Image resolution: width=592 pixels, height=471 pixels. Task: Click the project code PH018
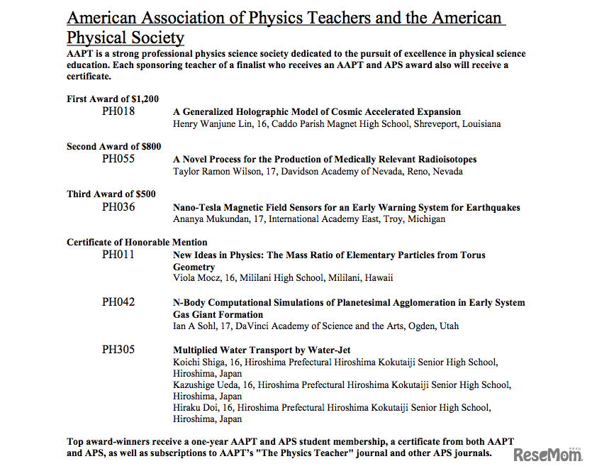pyautogui.click(x=118, y=111)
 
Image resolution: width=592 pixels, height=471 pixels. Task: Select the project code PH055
pyautogui.click(x=118, y=159)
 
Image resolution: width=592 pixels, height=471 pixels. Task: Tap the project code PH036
pyautogui.click(x=118, y=207)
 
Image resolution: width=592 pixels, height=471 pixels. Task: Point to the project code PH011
pyautogui.click(x=118, y=254)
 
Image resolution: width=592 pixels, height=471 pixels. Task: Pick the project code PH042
pyautogui.click(x=118, y=302)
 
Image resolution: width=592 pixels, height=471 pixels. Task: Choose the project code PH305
pyautogui.click(x=118, y=350)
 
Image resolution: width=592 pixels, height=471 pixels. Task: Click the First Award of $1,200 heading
pyautogui.click(x=113, y=99)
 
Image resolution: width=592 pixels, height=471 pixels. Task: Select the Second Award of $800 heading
pyautogui.click(x=113, y=147)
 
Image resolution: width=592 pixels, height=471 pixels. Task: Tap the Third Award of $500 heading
pyautogui.click(x=111, y=194)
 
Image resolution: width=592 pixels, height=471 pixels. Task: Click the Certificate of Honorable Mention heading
pyautogui.click(x=137, y=243)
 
